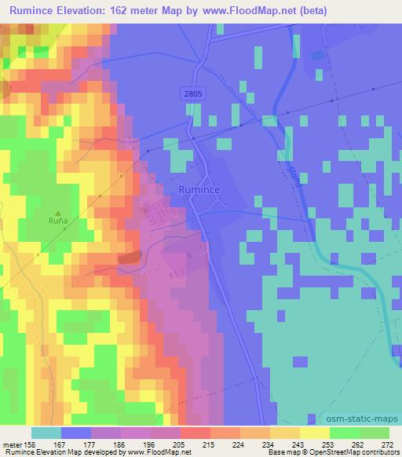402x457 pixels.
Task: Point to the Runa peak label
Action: point(57,221)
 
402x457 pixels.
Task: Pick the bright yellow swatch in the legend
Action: point(314,433)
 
